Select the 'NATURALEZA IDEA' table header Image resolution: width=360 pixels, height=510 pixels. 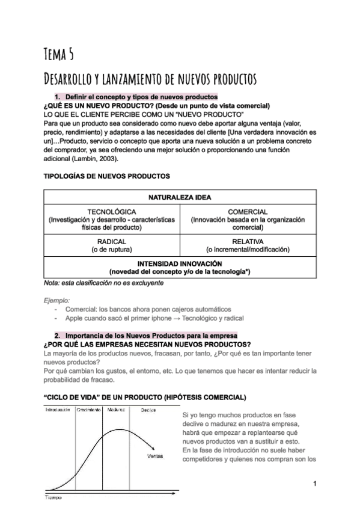coord(180,197)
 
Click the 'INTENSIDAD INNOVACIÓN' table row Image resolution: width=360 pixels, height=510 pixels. coord(180,268)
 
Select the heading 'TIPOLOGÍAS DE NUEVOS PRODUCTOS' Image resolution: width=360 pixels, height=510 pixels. coord(107,176)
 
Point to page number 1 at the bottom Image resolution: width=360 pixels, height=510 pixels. coord(314,484)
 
